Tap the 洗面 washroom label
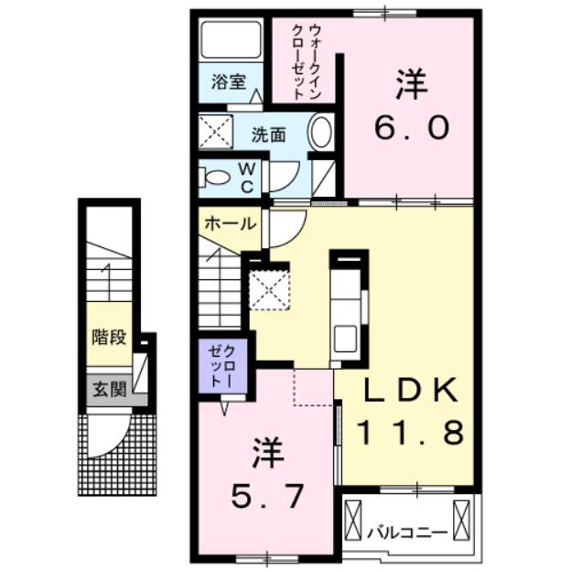269,135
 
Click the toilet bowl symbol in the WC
216,178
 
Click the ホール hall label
230,223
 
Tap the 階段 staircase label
109,336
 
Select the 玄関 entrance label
109,389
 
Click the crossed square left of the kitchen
269,290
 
